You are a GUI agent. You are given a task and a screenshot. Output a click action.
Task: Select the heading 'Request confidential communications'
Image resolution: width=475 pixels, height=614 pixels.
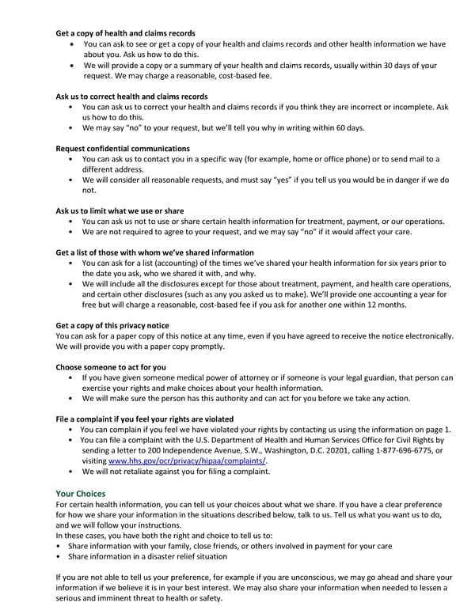[123, 148]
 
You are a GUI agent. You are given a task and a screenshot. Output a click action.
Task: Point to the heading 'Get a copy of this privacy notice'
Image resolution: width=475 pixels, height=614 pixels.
[112, 325]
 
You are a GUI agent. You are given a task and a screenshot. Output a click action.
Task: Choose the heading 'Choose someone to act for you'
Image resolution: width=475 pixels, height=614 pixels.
[111, 367]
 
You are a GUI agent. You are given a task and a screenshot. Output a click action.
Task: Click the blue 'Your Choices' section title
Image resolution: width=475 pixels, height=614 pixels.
[85, 492]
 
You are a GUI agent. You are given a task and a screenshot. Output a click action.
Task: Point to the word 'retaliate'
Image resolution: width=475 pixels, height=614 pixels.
[138, 471]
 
